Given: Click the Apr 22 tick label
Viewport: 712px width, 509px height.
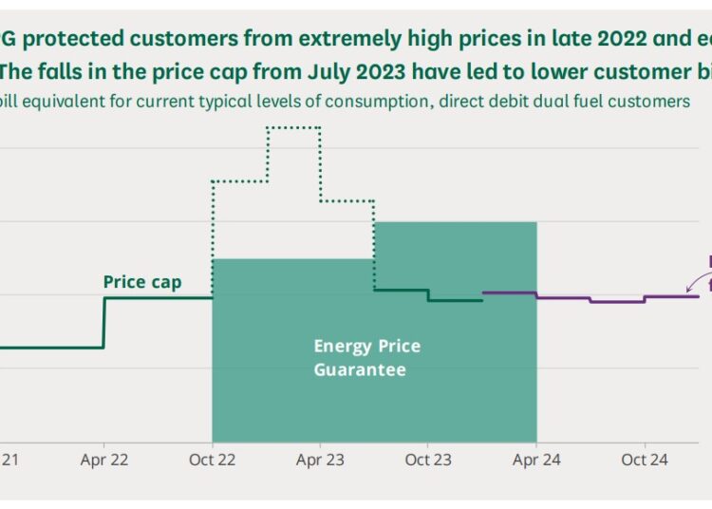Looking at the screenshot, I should pos(103,460).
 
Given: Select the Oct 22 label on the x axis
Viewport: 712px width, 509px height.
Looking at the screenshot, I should pos(212,460).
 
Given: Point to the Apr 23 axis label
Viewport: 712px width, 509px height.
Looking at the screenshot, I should pos(320,460).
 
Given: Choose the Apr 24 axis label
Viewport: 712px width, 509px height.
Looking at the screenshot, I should pos(536,460).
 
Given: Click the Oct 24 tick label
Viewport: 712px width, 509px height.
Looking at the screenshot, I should pos(645,460).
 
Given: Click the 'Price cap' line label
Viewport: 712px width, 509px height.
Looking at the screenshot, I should pos(141,282).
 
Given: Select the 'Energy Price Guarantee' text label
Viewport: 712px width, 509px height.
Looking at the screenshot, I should pos(366,358).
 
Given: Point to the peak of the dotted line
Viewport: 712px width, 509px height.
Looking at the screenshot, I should pos(291,127).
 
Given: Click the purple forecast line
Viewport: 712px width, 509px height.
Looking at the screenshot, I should pos(589,299).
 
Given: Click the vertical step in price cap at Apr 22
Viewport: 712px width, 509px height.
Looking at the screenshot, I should pos(103,323).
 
